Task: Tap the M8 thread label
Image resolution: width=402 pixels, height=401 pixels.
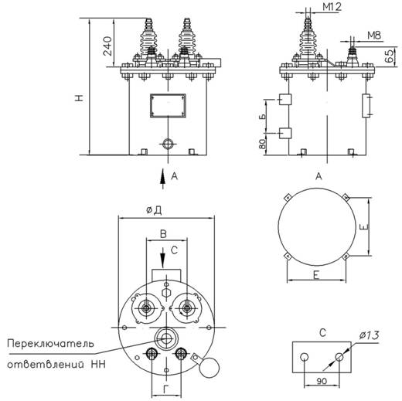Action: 375,35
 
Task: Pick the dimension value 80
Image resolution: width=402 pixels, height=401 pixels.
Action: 263,144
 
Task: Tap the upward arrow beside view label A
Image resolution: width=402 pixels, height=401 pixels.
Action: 162,176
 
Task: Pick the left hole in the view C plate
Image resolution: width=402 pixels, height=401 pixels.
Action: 305,356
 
